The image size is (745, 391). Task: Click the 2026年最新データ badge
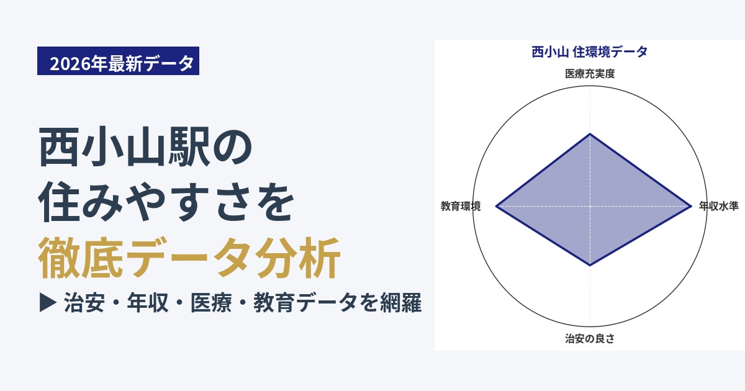(118, 61)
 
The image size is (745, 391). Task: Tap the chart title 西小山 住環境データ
(590, 52)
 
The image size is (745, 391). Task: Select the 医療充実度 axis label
(590, 73)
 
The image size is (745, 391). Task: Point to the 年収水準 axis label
(719, 206)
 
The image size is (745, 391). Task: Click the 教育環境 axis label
(461, 206)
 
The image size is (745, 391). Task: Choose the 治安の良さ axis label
(590, 338)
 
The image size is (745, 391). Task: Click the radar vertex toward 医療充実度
(590, 133)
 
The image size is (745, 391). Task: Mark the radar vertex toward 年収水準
(691, 206)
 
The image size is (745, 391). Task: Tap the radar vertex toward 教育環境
(496, 206)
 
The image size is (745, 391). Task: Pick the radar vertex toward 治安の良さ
(590, 266)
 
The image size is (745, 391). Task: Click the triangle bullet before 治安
(48, 303)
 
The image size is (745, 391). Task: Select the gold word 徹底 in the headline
(81, 258)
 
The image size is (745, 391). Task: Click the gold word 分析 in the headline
(298, 258)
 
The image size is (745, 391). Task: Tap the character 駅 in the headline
(189, 146)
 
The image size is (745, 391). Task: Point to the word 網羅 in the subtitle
(401, 303)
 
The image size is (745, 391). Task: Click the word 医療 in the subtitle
(211, 303)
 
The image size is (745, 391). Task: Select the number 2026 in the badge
(70, 64)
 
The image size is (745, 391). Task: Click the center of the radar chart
(590, 206)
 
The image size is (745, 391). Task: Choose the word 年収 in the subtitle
(148, 303)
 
